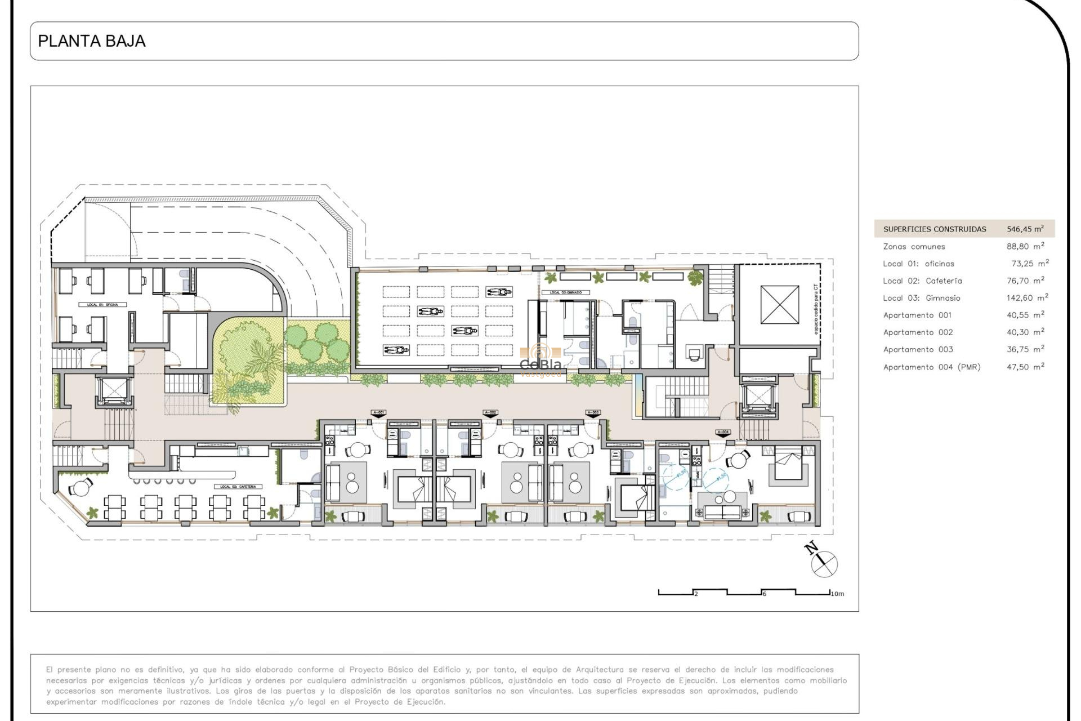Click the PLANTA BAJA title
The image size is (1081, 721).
[92, 41]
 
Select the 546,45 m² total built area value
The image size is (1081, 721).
[1025, 229]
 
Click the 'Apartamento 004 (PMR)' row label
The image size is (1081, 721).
[931, 367]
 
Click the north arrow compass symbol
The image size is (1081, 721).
[823, 562]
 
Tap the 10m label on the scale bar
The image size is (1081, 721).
[838, 594]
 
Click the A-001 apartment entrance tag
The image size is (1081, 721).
[378, 413]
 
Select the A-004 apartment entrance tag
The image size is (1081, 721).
[723, 432]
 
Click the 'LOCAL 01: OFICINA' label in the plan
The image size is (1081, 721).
[102, 305]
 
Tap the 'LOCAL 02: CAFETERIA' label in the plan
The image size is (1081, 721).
[238, 487]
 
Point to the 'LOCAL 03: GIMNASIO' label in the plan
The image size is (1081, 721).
[565, 292]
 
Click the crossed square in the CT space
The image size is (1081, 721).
[779, 305]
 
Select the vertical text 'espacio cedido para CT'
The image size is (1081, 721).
[816, 309]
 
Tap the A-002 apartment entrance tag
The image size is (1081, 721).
[490, 413]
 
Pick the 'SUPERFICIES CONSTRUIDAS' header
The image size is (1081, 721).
[934, 229]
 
